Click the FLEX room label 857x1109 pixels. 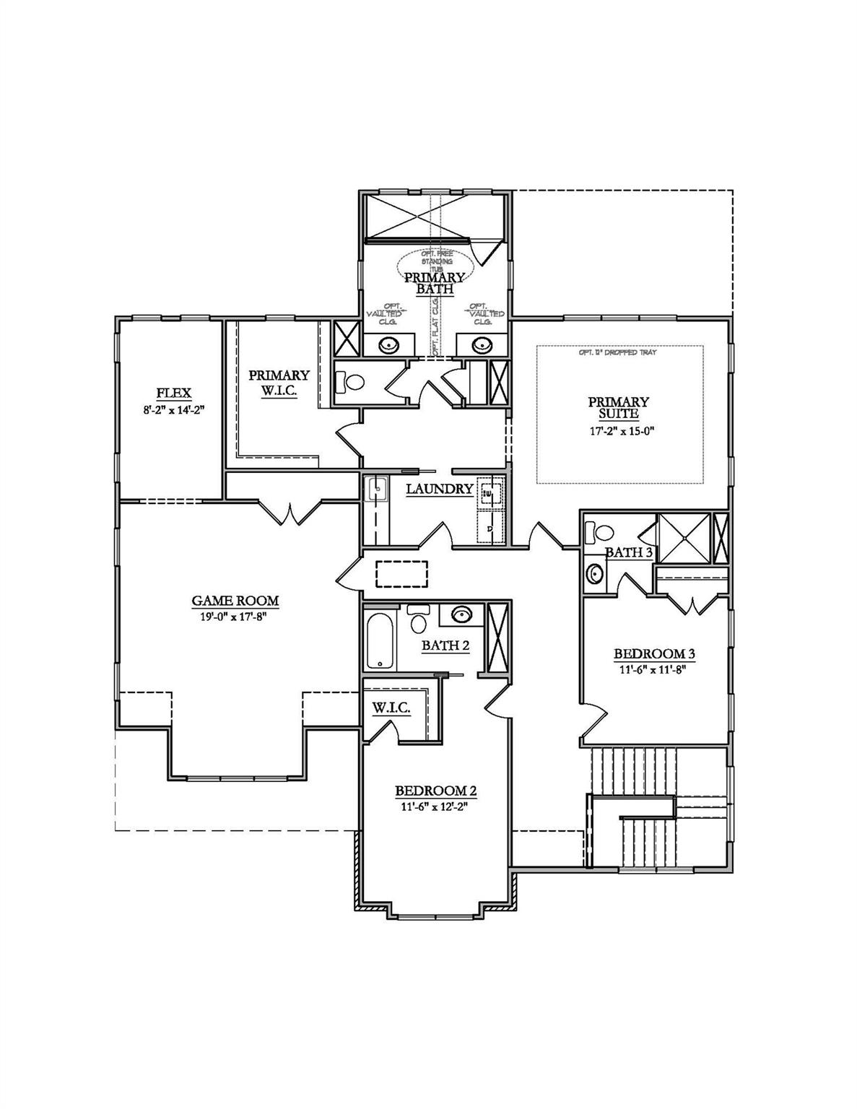(x=174, y=393)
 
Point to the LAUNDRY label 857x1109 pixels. (x=439, y=489)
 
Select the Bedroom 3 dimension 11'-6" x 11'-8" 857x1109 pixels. (x=654, y=669)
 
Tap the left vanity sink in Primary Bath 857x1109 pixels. (x=391, y=345)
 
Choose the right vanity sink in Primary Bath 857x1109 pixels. (x=481, y=345)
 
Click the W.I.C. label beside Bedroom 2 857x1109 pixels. (x=391, y=708)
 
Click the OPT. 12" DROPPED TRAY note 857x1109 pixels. (x=618, y=353)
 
